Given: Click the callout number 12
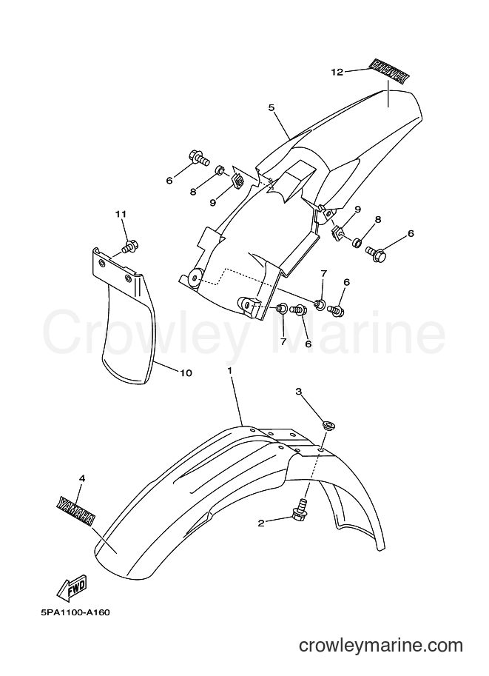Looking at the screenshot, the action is point(337,72).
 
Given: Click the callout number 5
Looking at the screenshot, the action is point(272,107).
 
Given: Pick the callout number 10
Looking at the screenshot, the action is point(186,373).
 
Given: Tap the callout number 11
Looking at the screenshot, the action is point(121,214).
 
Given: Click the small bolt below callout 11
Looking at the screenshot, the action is point(129,247).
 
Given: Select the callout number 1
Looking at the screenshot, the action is point(230,371).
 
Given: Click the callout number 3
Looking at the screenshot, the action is point(298,391).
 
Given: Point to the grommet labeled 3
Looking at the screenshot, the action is point(330,426).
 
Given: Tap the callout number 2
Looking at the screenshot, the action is point(261,523).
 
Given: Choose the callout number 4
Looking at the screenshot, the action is point(82,478).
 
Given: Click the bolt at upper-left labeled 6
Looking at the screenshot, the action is point(198,158).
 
